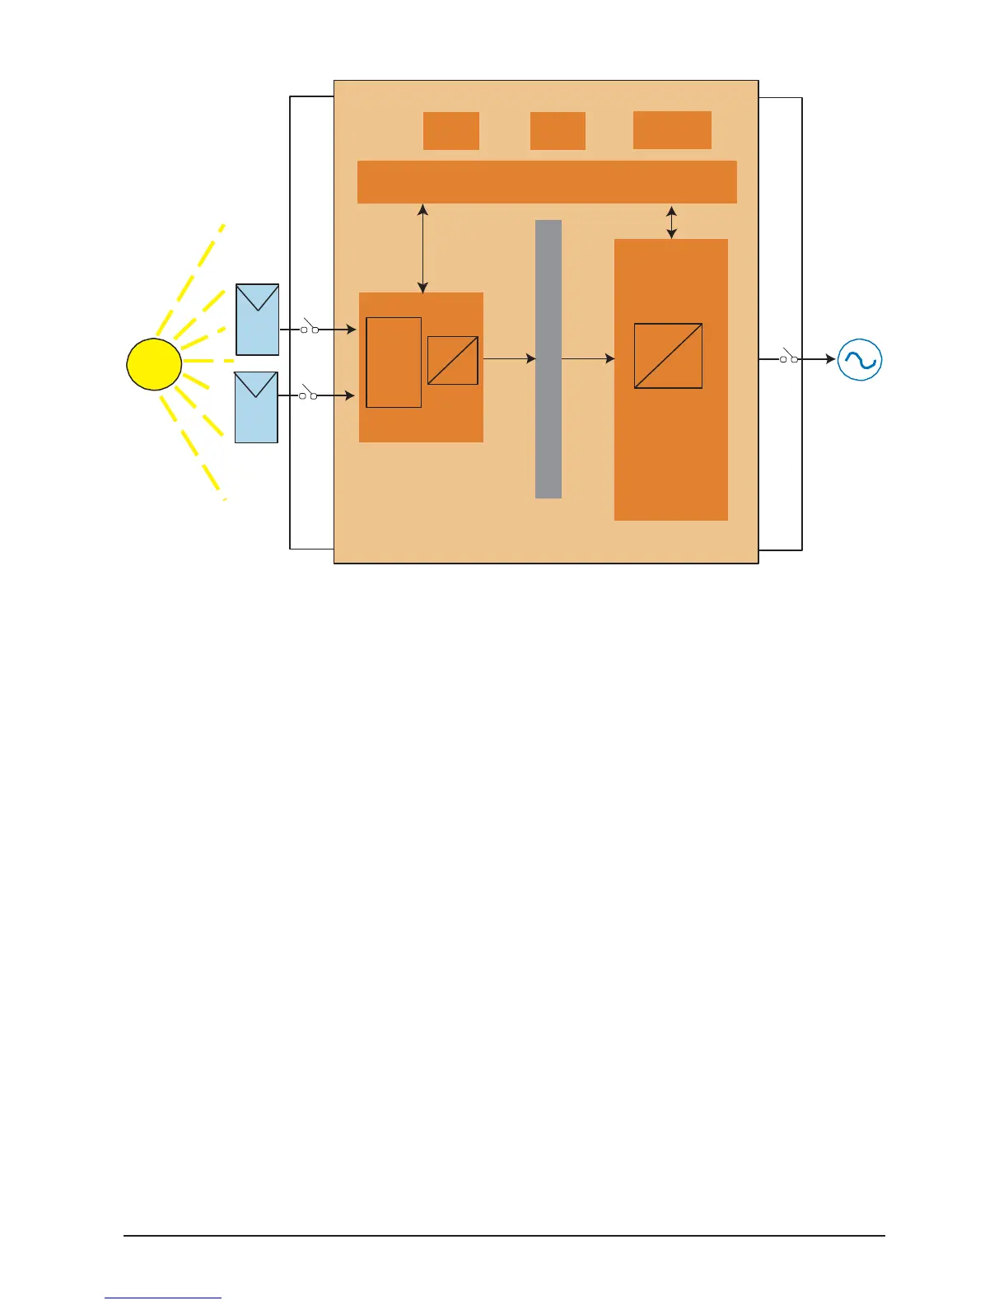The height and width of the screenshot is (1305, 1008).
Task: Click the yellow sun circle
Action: point(154,364)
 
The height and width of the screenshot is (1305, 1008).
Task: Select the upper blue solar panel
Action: point(258,320)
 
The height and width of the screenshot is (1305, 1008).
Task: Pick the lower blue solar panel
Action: point(256,407)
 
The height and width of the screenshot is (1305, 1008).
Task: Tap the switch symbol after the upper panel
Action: point(309,327)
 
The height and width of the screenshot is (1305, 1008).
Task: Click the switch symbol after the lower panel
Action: point(308,394)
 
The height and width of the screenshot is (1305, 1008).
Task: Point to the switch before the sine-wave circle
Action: point(789,357)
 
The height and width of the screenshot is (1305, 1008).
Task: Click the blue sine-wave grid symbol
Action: point(860,360)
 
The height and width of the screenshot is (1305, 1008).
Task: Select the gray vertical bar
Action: point(548,358)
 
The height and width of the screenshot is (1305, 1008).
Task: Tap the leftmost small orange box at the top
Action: point(451,131)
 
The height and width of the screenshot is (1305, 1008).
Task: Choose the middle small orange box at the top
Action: point(558,131)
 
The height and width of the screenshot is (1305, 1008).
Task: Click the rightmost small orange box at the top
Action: point(672,130)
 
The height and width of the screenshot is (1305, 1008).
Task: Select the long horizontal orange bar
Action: point(547,182)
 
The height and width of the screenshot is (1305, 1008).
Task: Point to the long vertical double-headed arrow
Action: point(423,249)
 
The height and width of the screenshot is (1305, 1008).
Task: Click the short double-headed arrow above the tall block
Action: point(671,222)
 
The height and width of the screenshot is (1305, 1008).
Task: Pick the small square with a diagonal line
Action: point(453,360)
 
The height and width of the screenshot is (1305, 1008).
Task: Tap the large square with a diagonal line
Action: point(668,356)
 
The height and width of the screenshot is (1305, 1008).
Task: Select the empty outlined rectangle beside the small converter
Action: point(394,362)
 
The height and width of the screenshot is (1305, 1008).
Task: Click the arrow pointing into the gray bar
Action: point(510,358)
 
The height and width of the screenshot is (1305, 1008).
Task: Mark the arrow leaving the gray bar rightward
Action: point(588,358)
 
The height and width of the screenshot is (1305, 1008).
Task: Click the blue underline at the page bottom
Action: point(163,1298)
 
